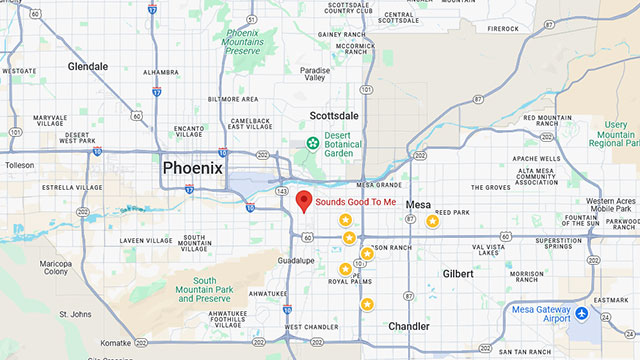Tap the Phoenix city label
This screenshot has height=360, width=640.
(192, 168)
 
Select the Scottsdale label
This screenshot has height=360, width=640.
(334, 116)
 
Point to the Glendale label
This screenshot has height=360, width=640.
(88, 66)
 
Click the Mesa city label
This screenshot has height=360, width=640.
(418, 204)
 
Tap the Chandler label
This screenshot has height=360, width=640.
(409, 326)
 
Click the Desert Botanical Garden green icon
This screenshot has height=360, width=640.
(313, 144)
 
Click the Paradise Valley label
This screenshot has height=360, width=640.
(315, 76)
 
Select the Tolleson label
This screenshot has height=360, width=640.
(19, 165)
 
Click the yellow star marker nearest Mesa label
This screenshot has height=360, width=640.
(432, 221)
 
